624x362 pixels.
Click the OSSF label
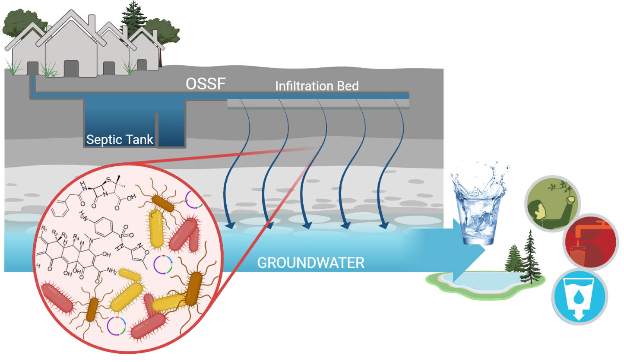click(206, 84)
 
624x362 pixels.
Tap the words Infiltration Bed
click(317, 86)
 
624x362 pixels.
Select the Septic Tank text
click(120, 140)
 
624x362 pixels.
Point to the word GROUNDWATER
click(310, 262)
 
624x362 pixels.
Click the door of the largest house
click(71, 69)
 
